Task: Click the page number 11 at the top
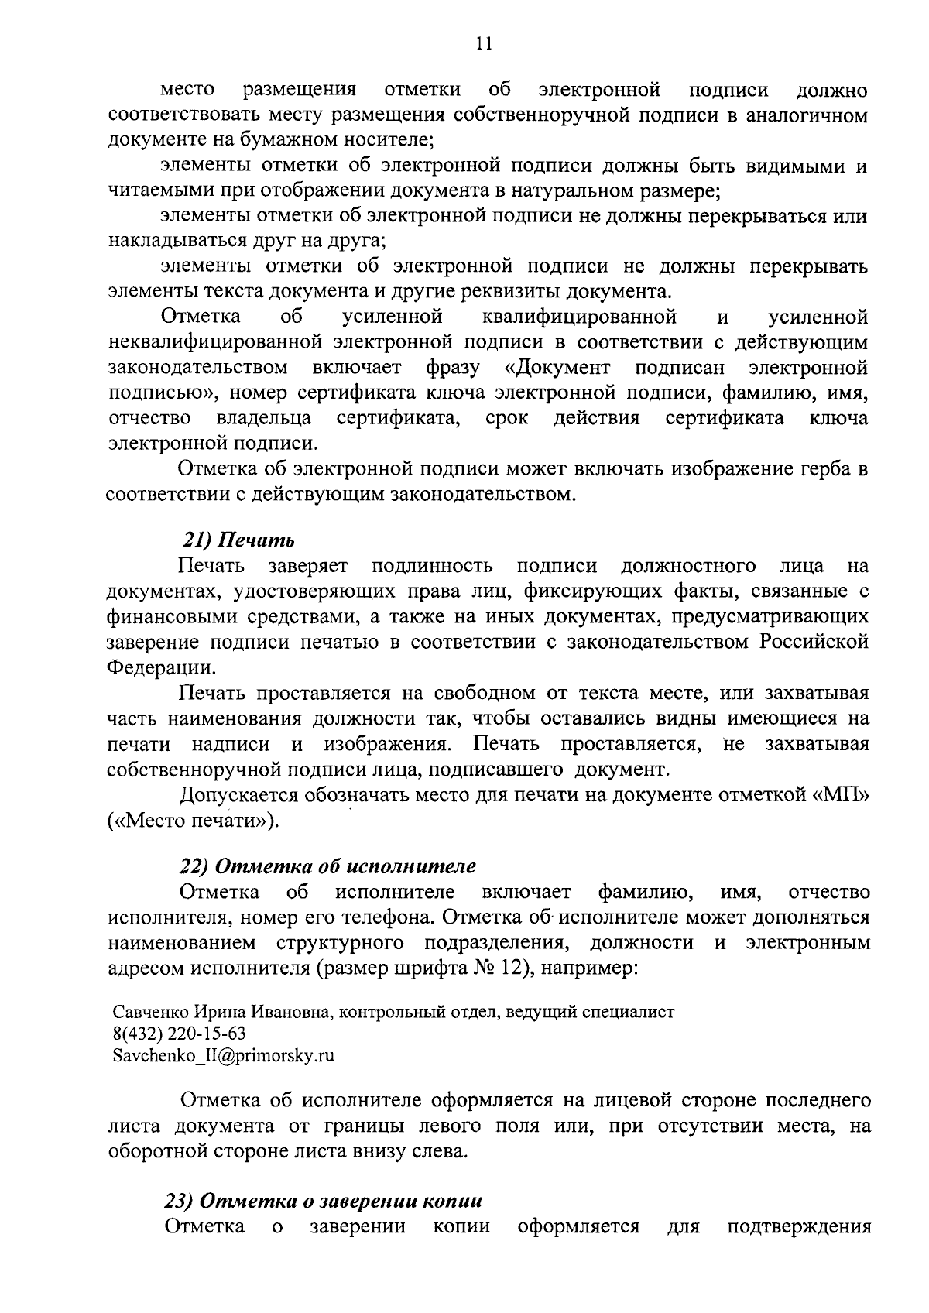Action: coord(484,43)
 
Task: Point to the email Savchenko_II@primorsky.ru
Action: coord(224,1055)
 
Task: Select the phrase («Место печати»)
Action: coord(193,821)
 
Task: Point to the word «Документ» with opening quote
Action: coord(563,367)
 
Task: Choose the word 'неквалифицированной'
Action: coord(214,341)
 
